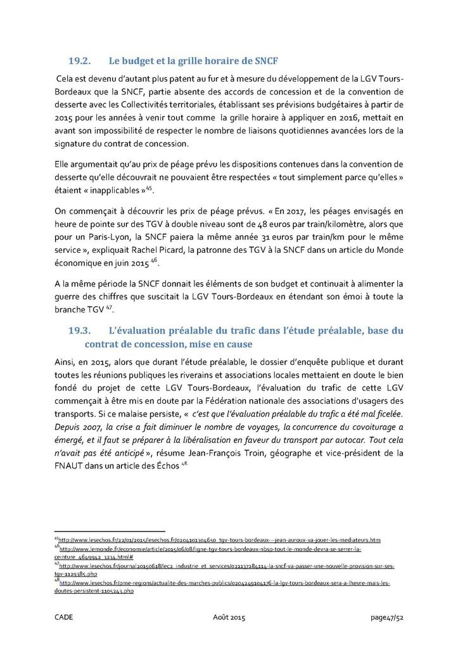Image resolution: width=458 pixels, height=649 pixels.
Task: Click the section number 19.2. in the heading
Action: point(80,61)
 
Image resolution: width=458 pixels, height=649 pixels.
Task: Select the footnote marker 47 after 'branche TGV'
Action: point(110,306)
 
